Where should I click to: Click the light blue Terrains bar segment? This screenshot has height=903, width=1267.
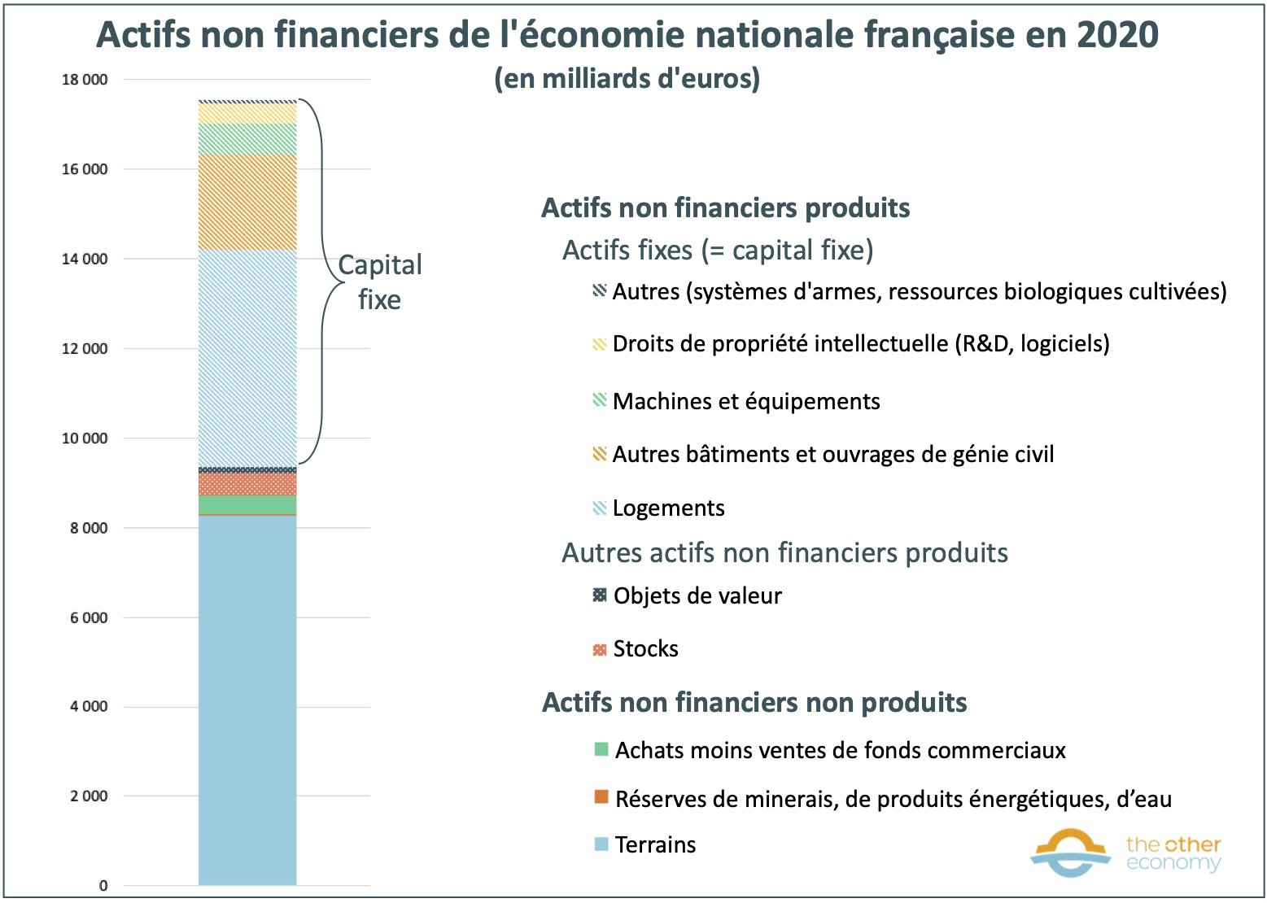coord(247,700)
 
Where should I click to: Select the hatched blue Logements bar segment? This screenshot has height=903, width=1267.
coord(247,358)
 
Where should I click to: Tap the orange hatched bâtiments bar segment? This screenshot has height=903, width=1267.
coord(247,202)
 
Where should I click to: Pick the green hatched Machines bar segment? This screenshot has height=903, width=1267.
coord(247,139)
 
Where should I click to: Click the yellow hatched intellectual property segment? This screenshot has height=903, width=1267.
coord(247,113)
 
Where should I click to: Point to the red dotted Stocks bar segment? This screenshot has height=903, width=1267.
coord(247,484)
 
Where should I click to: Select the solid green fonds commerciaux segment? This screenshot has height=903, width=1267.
coord(247,504)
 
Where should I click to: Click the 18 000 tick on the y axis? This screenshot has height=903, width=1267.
coord(85,80)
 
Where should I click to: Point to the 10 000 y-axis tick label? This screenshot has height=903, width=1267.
coord(85,438)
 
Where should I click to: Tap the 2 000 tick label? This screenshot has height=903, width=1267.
coord(89,796)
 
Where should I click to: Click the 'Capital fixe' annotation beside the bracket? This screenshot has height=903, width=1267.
coord(379,281)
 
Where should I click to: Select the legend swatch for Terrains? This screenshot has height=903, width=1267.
coord(601,844)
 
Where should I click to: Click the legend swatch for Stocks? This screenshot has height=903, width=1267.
coord(600,649)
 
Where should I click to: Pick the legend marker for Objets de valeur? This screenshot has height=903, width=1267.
coord(600,595)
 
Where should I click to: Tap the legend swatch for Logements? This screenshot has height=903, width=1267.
coord(600,508)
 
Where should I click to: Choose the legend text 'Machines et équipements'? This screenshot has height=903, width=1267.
coord(746,401)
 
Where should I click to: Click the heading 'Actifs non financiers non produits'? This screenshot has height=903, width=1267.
coord(754,702)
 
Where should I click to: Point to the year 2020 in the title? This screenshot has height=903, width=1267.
coord(1117,35)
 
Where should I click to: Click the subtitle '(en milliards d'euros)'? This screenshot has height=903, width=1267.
coord(627,79)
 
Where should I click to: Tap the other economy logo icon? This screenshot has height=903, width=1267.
coord(1070,853)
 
